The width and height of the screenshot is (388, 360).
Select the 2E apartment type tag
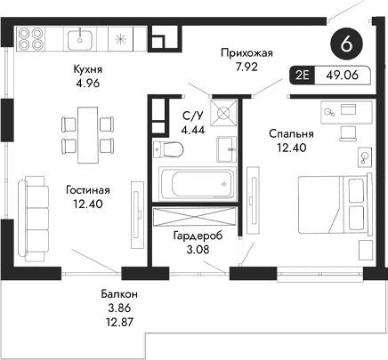pos(302,77)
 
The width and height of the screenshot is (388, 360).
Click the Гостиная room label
pos(87,189)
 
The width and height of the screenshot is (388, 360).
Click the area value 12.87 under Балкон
pos(118,323)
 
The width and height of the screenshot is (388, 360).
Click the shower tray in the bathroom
pos(222,116)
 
